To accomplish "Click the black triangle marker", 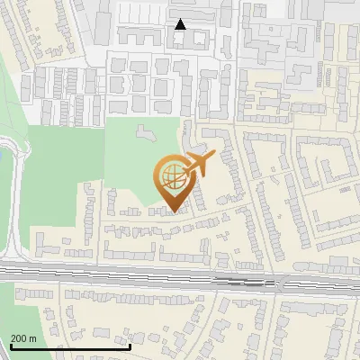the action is pos(181,24).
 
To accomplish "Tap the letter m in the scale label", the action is pos(33,338).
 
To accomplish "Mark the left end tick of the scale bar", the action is pos(11,346).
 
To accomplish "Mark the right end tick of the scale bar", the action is pos(130,346).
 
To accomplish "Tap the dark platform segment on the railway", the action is pos(243,281).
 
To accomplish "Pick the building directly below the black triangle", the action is pos(180,40).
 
